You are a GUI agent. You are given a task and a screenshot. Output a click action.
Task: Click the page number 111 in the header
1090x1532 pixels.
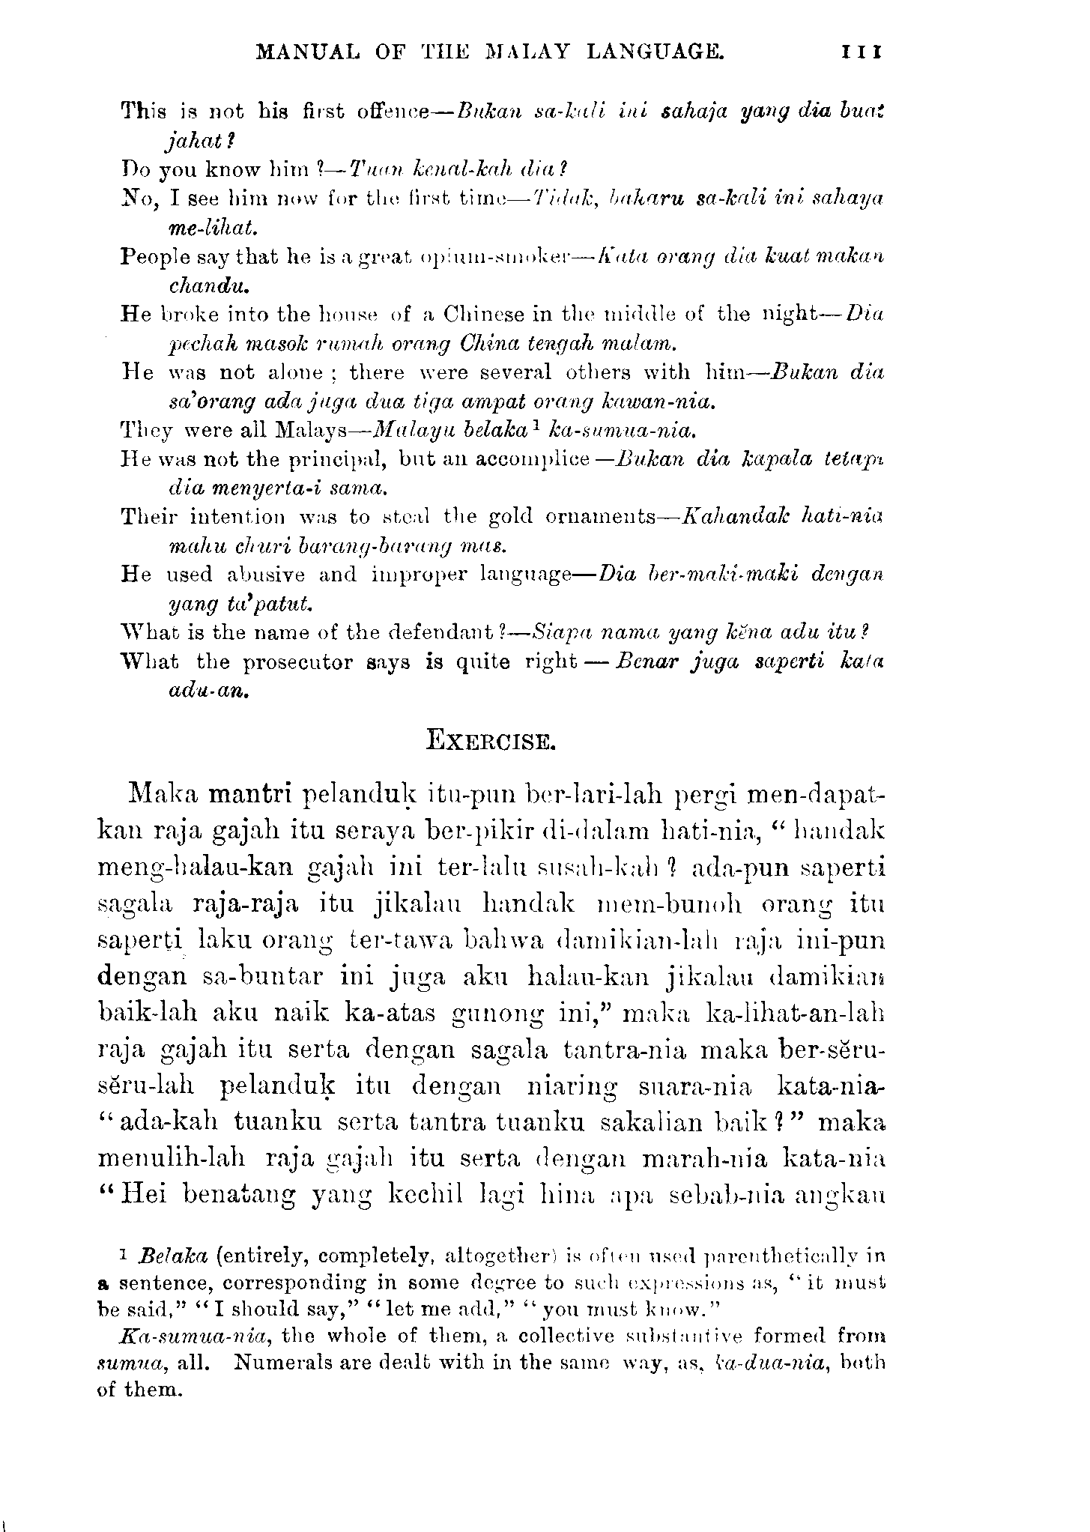pos(863,52)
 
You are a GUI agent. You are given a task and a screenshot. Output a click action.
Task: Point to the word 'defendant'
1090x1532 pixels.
pos(443,633)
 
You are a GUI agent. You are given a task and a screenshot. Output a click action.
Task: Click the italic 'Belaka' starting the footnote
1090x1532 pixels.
pos(174,1254)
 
